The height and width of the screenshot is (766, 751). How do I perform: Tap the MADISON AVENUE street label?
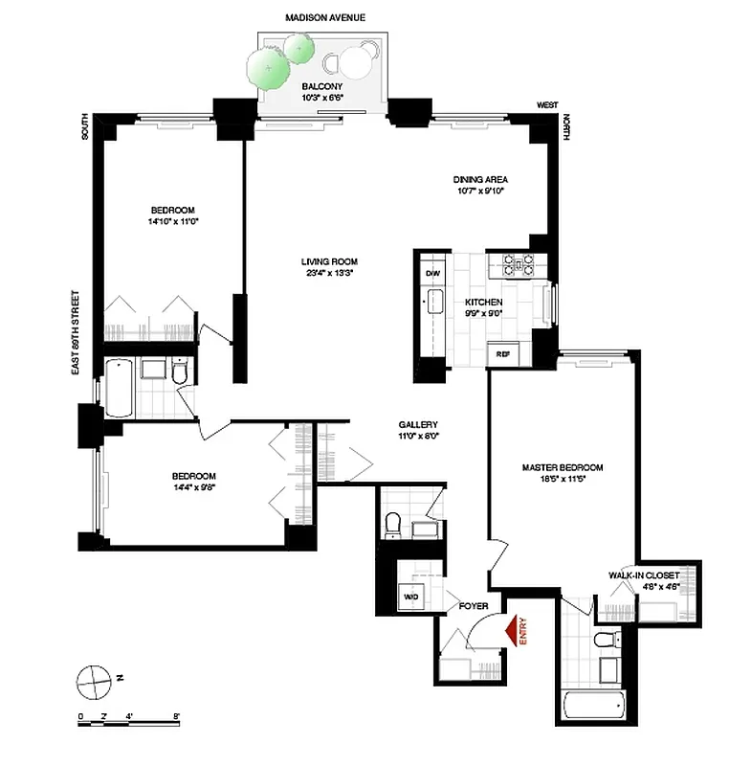[326, 17]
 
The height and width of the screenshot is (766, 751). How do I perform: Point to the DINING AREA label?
[479, 179]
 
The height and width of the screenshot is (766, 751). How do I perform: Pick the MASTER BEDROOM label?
[562, 467]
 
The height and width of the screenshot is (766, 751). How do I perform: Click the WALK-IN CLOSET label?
[643, 575]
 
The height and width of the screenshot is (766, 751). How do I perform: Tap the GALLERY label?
[418, 424]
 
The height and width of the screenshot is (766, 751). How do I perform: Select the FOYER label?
[473, 606]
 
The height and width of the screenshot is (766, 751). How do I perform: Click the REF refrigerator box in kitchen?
[501, 353]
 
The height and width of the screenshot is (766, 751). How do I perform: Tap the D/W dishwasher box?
[431, 271]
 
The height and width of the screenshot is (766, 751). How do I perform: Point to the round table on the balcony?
[357, 62]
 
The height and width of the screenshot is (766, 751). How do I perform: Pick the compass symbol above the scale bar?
[93, 681]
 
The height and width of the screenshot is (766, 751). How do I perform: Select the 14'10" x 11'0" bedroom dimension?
[173, 222]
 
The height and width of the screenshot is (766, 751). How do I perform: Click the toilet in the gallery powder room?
[392, 524]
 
